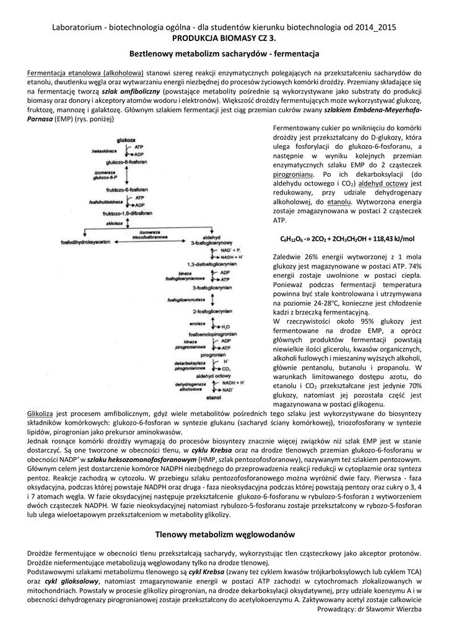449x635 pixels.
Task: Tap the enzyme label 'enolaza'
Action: [x=180, y=324]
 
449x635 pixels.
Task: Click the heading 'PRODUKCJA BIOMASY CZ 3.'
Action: [x=224, y=38]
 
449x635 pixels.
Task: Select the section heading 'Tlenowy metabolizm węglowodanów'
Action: [x=224, y=534]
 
